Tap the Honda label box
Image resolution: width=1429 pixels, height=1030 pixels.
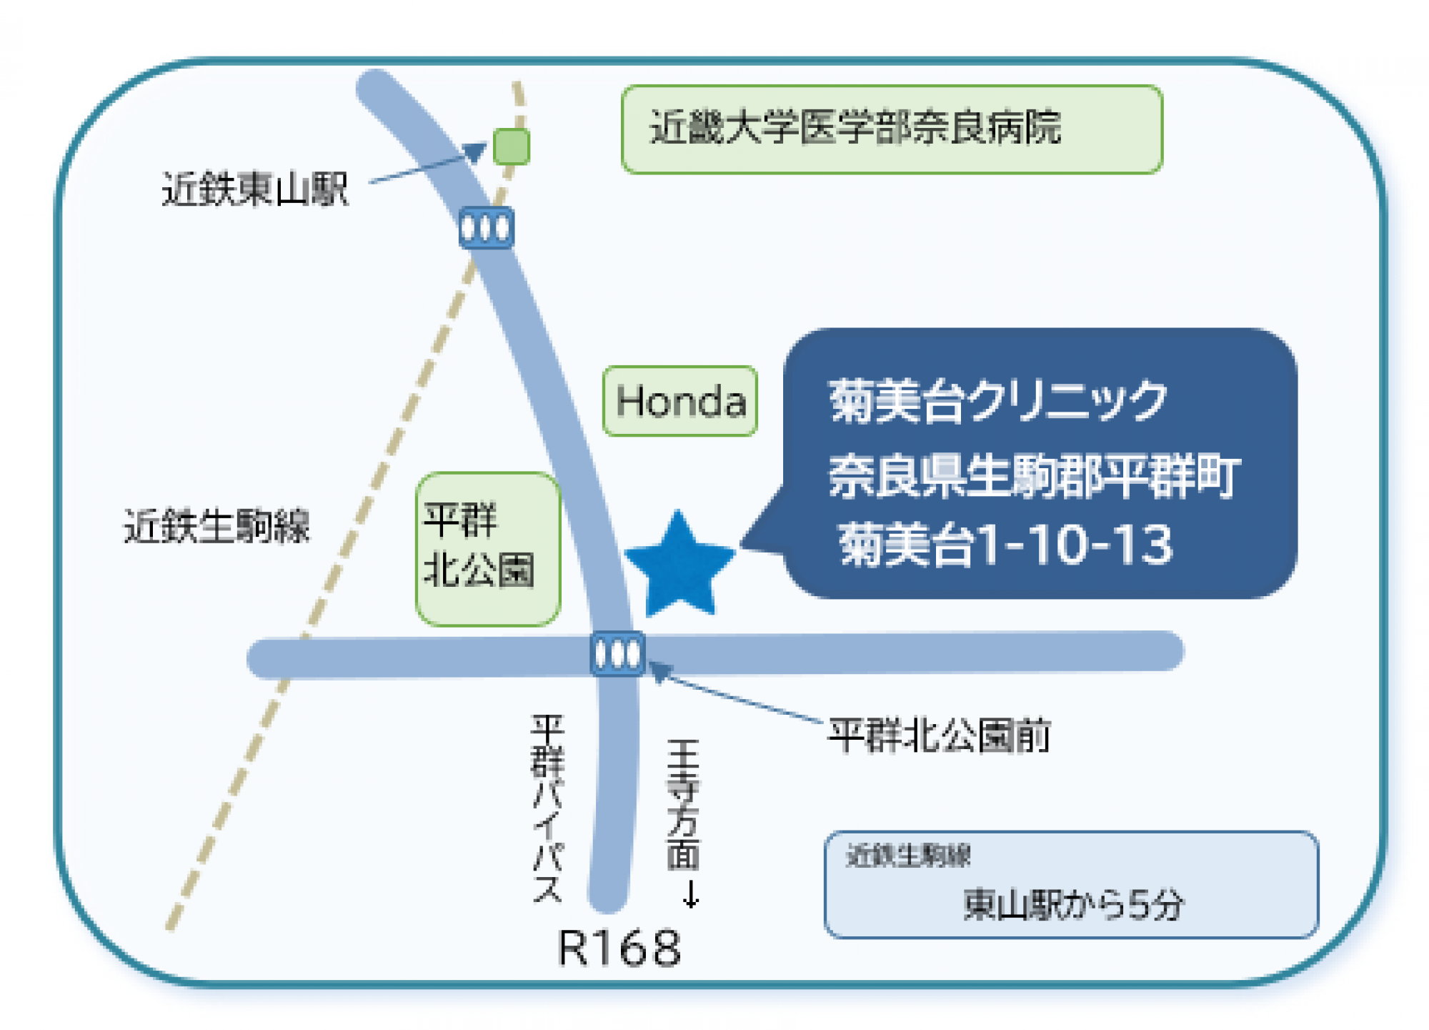click(679, 401)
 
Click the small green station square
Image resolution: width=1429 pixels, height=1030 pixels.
click(512, 147)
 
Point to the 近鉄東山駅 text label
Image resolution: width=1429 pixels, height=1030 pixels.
click(254, 189)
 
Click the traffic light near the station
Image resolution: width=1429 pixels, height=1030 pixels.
click(486, 228)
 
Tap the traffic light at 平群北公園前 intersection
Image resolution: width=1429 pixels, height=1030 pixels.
click(618, 653)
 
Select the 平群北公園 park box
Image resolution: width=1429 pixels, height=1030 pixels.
click(488, 548)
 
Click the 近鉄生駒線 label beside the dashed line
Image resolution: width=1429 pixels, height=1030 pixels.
click(217, 526)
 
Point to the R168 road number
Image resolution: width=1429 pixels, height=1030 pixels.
click(619, 949)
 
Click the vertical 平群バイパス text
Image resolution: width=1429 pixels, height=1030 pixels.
click(548, 808)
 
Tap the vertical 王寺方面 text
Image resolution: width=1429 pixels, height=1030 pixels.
click(683, 804)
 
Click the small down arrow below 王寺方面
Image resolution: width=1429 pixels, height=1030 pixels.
click(690, 894)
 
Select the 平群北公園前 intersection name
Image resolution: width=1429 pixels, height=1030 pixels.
click(938, 736)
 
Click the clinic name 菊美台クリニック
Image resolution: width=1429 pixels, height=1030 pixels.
click(997, 401)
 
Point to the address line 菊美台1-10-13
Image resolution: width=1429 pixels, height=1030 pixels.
click(1005, 545)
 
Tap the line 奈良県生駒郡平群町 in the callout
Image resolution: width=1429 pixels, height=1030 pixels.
click(1034, 475)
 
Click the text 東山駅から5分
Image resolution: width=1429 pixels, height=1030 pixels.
click(1073, 904)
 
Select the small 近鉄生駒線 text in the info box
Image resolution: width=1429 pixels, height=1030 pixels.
click(908, 855)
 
